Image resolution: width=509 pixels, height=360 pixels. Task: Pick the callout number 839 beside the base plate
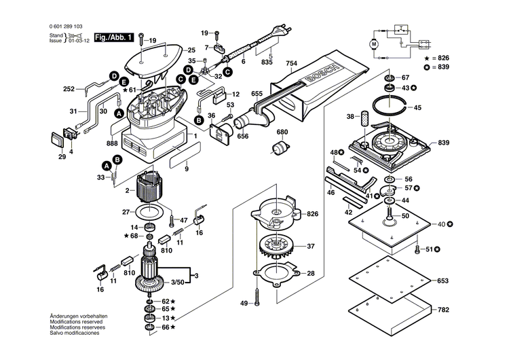(x=443, y=143)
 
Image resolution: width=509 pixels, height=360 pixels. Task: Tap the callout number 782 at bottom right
(x=442, y=310)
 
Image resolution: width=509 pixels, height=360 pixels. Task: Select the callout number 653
(x=442, y=281)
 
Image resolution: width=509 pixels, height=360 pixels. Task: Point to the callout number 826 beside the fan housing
(x=312, y=213)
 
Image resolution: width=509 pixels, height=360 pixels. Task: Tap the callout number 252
(x=69, y=89)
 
